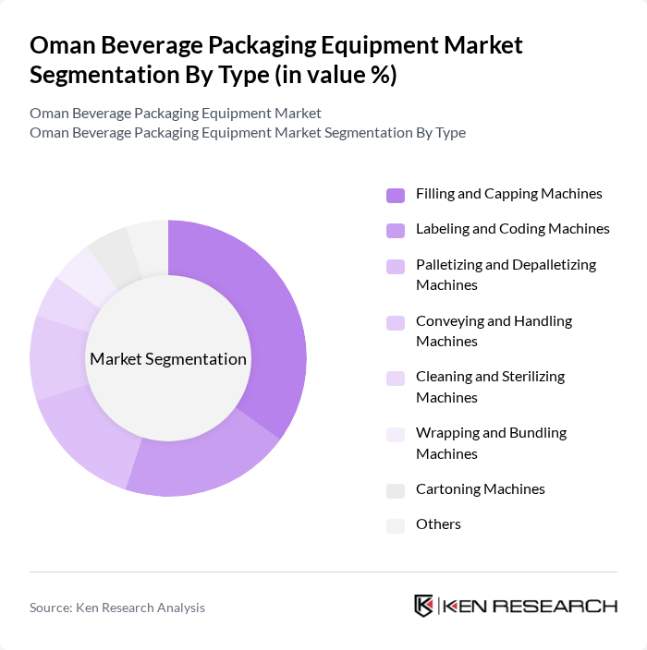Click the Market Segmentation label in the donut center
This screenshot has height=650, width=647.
click(x=168, y=359)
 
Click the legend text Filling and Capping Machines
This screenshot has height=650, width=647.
click(x=508, y=194)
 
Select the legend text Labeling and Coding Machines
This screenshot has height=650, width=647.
click(x=512, y=229)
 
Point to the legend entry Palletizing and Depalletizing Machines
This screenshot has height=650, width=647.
click(x=506, y=274)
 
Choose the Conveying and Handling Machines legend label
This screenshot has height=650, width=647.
click(x=494, y=331)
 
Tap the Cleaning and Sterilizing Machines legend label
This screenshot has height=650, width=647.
click(x=490, y=387)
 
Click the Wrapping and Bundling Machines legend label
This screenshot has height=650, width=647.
click(x=491, y=443)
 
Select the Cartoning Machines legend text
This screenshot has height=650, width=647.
click(x=480, y=489)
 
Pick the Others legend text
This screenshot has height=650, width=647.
click(x=438, y=524)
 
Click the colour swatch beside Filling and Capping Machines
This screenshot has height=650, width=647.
click(x=396, y=195)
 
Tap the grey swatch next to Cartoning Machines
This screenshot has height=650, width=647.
click(x=396, y=490)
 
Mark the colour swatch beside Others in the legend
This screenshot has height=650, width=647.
click(x=396, y=525)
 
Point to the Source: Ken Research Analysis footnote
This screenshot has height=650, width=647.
click(x=117, y=608)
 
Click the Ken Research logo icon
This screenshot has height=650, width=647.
click(x=424, y=606)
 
